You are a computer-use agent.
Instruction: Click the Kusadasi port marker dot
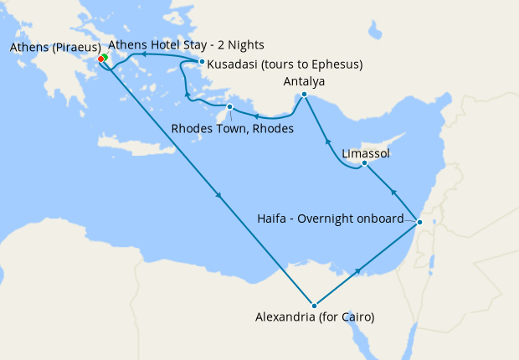click(x=202, y=61)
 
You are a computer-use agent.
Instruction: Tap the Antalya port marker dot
click(x=304, y=95)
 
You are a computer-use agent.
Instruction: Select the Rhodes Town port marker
click(x=229, y=106)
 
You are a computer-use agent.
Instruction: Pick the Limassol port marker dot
click(x=364, y=163)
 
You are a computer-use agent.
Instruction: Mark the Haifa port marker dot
click(x=420, y=222)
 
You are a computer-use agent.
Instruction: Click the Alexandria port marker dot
click(x=314, y=306)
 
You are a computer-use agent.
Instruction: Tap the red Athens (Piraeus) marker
click(x=100, y=59)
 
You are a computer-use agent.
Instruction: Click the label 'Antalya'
click(x=304, y=81)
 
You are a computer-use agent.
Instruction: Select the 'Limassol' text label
click(x=366, y=154)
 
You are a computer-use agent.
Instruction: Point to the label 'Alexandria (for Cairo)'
click(x=314, y=317)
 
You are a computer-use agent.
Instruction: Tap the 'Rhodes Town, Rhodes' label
click(x=232, y=129)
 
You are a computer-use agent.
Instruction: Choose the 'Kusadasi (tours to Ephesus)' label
click(x=285, y=64)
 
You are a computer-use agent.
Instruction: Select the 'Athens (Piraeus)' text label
click(x=55, y=47)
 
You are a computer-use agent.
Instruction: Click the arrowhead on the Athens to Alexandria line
click(x=219, y=197)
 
